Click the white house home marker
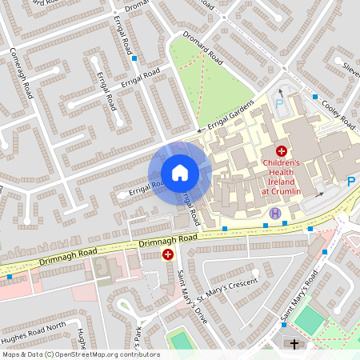(x=179, y=173)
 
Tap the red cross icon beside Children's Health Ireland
(x=281, y=150)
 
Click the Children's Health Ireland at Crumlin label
(x=281, y=178)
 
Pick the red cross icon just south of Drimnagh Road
(x=168, y=254)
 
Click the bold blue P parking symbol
(x=350, y=182)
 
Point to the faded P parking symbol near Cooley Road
(x=279, y=104)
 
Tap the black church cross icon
(x=294, y=344)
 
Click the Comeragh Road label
(x=26, y=73)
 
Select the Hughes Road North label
(x=34, y=326)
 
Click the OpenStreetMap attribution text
(x=81, y=354)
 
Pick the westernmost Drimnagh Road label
(x=67, y=257)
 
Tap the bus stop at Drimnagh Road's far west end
(x=10, y=277)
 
